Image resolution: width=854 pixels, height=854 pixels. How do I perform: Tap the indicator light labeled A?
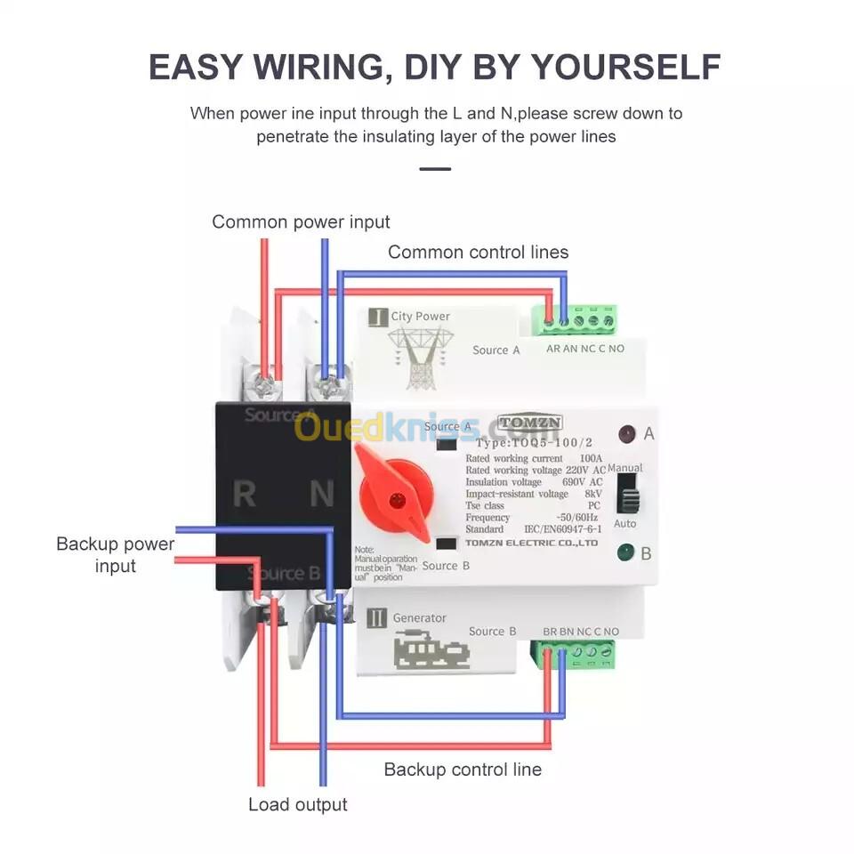click(626, 434)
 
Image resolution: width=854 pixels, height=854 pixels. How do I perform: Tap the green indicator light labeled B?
click(625, 553)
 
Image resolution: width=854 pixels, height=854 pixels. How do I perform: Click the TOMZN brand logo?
click(529, 423)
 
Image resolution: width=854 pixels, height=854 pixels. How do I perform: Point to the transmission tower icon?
click(420, 357)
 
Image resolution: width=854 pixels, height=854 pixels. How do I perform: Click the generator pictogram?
click(431, 650)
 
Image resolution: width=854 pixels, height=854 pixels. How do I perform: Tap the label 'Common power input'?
click(301, 222)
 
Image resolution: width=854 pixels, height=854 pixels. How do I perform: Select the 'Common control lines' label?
click(478, 252)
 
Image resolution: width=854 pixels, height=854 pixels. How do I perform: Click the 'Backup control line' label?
click(462, 769)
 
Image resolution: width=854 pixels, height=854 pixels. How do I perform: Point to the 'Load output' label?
click(297, 805)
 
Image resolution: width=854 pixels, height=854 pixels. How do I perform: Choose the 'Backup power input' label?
click(115, 554)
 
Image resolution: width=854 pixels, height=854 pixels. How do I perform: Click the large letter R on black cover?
click(244, 494)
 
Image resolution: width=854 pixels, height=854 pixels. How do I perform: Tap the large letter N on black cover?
click(321, 494)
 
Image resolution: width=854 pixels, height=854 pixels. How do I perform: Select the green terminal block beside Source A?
click(575, 318)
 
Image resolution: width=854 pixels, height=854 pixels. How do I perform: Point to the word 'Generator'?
click(419, 617)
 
